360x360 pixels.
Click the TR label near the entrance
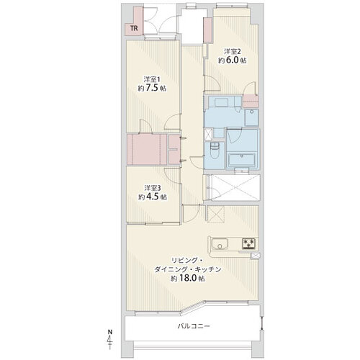tap(134, 28)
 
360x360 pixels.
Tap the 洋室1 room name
tap(152, 79)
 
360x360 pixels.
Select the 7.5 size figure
tap(152, 89)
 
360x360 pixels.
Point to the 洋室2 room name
tap(233, 51)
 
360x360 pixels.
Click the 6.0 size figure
tap(232, 60)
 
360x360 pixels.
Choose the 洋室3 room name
tap(152, 187)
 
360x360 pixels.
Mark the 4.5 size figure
tap(152, 197)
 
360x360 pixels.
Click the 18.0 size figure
tap(191, 278)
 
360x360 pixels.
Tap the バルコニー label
tap(194, 326)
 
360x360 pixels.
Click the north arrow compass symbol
tap(110, 339)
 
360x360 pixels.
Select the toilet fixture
tap(214, 150)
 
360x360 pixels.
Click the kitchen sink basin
tap(220, 244)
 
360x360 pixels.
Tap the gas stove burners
tap(248, 243)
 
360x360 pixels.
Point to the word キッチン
tap(207, 269)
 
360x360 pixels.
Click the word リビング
tap(181, 261)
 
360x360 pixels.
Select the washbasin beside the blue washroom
tap(251, 117)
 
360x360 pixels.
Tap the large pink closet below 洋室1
tap(147, 149)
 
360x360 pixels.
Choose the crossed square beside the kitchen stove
tap(255, 256)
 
